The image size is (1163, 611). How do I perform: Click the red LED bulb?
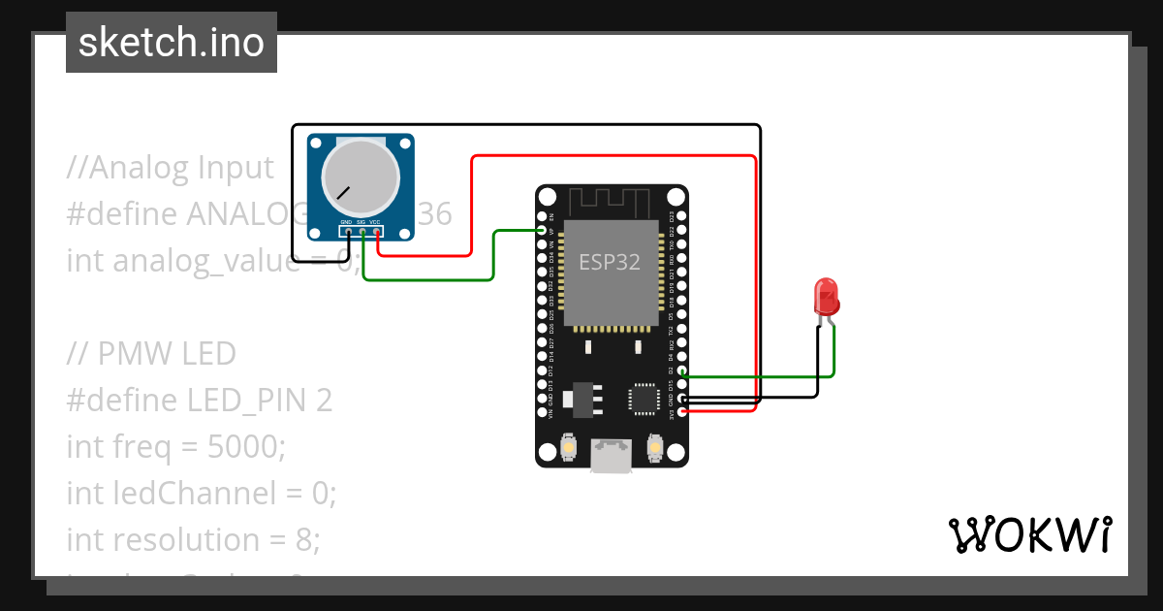click(x=827, y=295)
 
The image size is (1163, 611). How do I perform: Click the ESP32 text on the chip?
click(x=610, y=262)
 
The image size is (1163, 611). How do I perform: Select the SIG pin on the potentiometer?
click(x=361, y=232)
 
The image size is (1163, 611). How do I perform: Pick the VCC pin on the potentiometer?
click(x=375, y=232)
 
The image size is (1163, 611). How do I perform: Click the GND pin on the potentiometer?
click(x=347, y=232)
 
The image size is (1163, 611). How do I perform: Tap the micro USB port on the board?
click(x=612, y=456)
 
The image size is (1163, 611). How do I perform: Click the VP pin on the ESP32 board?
click(x=542, y=231)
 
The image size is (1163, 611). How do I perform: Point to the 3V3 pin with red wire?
click(x=683, y=411)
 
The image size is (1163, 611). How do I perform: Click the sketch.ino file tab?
click(x=172, y=43)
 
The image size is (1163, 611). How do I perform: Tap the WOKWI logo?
click(x=1029, y=535)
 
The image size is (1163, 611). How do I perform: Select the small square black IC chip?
click(x=644, y=399)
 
